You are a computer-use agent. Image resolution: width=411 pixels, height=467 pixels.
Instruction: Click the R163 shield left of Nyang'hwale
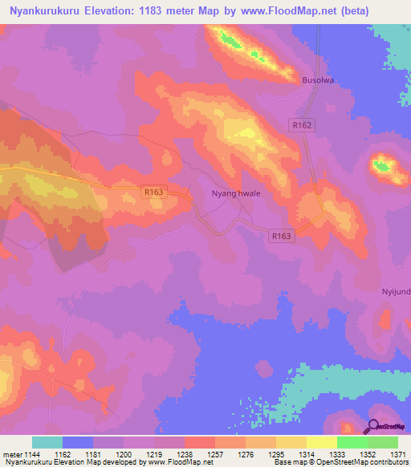[153, 192]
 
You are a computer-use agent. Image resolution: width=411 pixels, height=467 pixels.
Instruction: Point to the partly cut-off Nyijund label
[394, 291]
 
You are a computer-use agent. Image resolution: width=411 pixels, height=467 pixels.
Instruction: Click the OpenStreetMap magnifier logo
[374, 428]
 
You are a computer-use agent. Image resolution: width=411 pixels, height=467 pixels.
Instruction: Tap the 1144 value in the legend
[33, 453]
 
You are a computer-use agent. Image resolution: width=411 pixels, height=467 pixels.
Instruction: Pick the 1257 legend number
[215, 453]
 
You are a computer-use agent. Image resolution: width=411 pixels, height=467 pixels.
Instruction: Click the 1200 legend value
[124, 453]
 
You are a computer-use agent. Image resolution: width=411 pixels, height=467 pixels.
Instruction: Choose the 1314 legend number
[307, 453]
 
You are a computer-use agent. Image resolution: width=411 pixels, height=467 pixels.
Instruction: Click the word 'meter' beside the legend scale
[12, 453]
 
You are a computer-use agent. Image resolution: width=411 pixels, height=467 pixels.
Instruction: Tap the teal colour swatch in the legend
[47, 442]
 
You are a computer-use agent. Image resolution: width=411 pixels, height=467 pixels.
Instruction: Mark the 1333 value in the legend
[337, 453]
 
